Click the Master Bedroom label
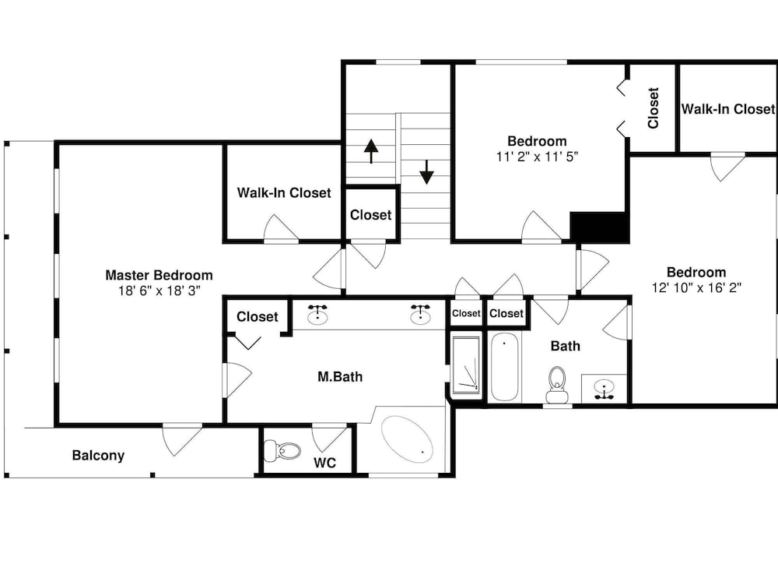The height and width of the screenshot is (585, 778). [x=159, y=275]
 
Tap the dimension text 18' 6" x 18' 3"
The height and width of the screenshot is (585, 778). [x=159, y=291]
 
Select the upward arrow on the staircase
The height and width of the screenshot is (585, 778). [x=370, y=151]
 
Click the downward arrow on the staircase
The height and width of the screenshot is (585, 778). [x=426, y=172]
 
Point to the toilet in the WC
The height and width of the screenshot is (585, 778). [x=282, y=450]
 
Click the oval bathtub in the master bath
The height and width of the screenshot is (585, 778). [x=408, y=439]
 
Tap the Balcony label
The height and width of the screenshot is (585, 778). [x=98, y=456]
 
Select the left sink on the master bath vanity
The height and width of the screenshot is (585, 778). [x=317, y=314]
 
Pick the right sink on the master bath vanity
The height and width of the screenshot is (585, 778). [x=421, y=314]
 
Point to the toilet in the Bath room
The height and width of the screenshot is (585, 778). [x=557, y=385]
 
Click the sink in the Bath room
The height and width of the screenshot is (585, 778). [x=604, y=389]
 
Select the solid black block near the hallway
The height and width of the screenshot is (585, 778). [x=598, y=227]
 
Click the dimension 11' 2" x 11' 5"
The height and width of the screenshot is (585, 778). [x=537, y=157]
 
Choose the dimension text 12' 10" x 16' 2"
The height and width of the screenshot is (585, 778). [x=696, y=287]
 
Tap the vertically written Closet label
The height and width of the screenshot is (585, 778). [x=653, y=108]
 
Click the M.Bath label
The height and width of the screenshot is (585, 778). [x=340, y=377]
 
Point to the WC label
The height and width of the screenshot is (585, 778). [x=325, y=463]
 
